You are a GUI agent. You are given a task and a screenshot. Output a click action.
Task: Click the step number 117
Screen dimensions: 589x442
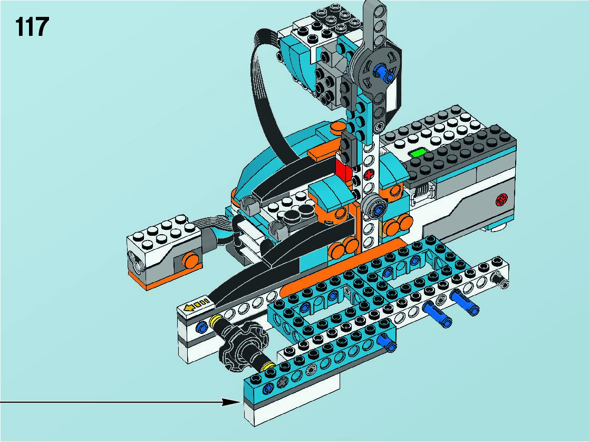click(32, 27)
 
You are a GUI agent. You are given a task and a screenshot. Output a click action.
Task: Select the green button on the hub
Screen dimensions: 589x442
click(419, 152)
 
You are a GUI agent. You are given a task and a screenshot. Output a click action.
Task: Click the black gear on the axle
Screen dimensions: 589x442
click(244, 344)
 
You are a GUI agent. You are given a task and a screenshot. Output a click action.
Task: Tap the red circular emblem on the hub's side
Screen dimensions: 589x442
click(501, 199)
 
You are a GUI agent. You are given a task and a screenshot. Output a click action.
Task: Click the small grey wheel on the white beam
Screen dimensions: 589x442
click(374, 206)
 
